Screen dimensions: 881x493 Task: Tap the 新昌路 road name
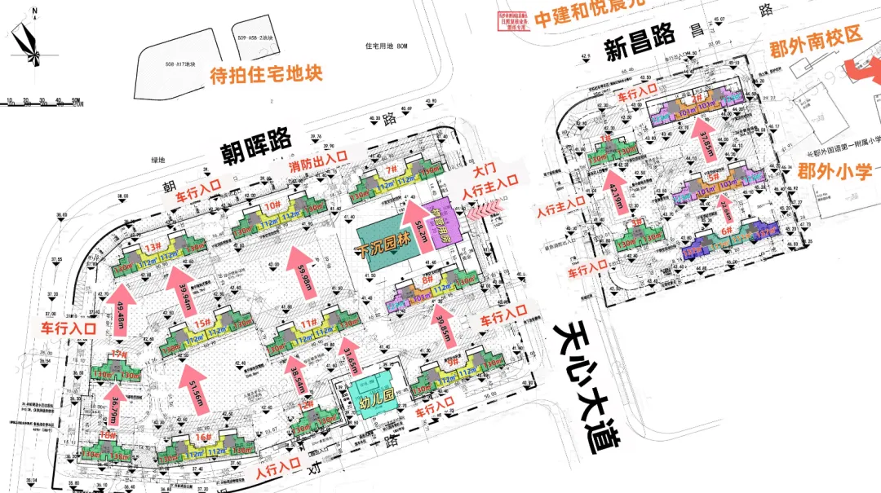pos(641,45)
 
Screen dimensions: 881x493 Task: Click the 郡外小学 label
pos(835,171)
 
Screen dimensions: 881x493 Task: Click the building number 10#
pos(272,206)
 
